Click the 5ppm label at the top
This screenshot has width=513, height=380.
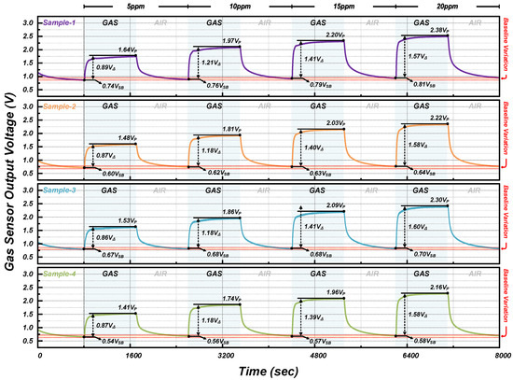[136, 5]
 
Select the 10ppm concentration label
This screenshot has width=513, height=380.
[237, 5]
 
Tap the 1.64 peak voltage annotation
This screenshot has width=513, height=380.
[116, 49]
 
